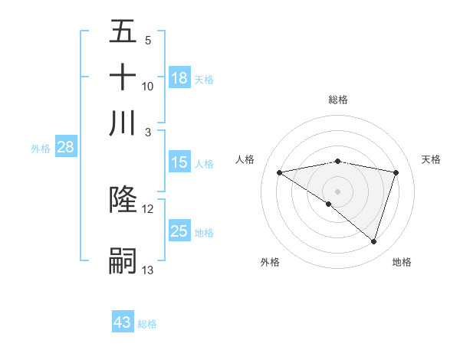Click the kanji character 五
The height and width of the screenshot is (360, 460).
coord(123,31)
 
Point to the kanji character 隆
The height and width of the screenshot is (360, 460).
coord(123,199)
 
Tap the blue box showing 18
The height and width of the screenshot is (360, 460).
coord(179,78)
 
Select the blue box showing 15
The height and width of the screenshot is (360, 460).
coord(179,162)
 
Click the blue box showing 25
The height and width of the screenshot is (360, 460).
coord(179,231)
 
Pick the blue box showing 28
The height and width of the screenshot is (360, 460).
coord(65,148)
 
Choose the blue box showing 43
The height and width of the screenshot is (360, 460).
coord(123,322)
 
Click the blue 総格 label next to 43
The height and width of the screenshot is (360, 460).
coord(147,324)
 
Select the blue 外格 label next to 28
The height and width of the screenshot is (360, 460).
coord(40,149)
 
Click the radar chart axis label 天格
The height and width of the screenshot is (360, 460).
coord(431,159)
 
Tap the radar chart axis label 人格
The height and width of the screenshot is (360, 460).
coord(245,159)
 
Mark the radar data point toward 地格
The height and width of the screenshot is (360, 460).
coord(374,241)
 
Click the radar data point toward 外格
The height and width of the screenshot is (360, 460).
coord(329,204)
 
